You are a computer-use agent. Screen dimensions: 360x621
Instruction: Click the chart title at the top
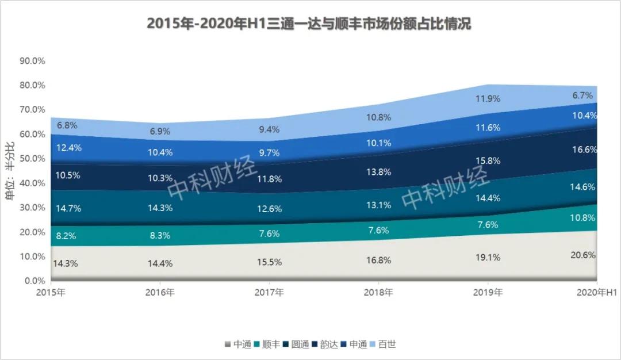[309, 24]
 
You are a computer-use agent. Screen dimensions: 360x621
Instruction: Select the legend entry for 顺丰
[271, 344]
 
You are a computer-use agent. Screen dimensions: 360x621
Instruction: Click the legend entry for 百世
[386, 344]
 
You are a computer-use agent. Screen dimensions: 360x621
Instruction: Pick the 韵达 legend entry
[328, 344]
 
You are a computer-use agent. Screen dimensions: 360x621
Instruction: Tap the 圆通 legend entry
[300, 344]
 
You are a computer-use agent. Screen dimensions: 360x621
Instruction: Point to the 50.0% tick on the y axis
[33, 159]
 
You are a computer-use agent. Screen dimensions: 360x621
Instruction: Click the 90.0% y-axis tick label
[33, 61]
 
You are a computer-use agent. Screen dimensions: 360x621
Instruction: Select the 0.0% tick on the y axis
[35, 281]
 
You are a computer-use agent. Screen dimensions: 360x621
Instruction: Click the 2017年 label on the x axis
[269, 293]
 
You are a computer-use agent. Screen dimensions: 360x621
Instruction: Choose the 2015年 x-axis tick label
[51, 293]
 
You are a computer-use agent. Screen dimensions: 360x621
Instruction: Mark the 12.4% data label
[69, 148]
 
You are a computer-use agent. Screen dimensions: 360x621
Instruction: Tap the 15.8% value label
[488, 160]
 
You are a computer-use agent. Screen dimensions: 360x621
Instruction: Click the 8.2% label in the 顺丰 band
[67, 235]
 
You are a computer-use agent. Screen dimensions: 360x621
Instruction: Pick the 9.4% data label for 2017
[270, 129]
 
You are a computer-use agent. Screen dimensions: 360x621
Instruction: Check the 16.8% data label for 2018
[379, 260]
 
